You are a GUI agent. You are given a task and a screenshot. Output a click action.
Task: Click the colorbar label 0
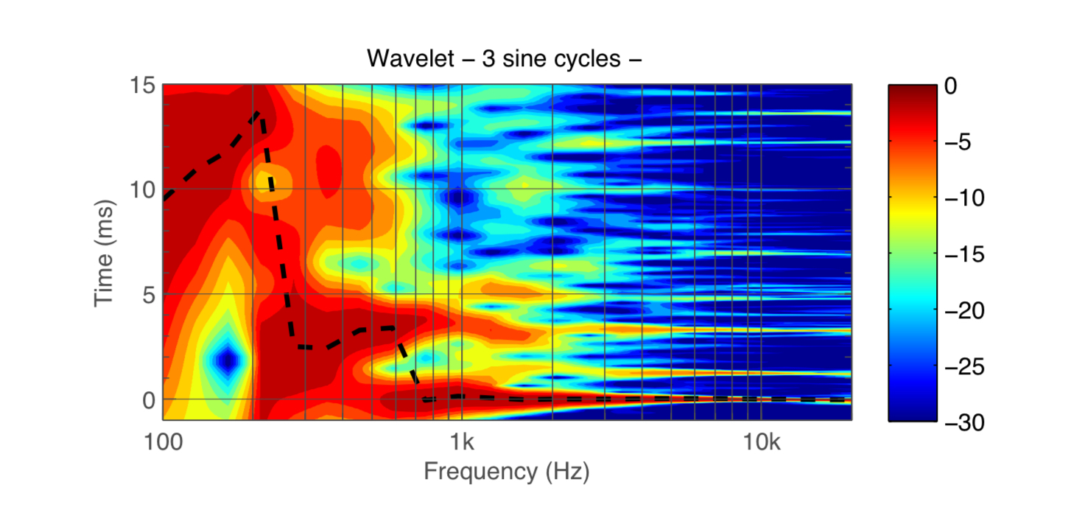[950, 86]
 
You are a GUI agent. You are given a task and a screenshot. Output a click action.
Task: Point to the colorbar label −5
[956, 142]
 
